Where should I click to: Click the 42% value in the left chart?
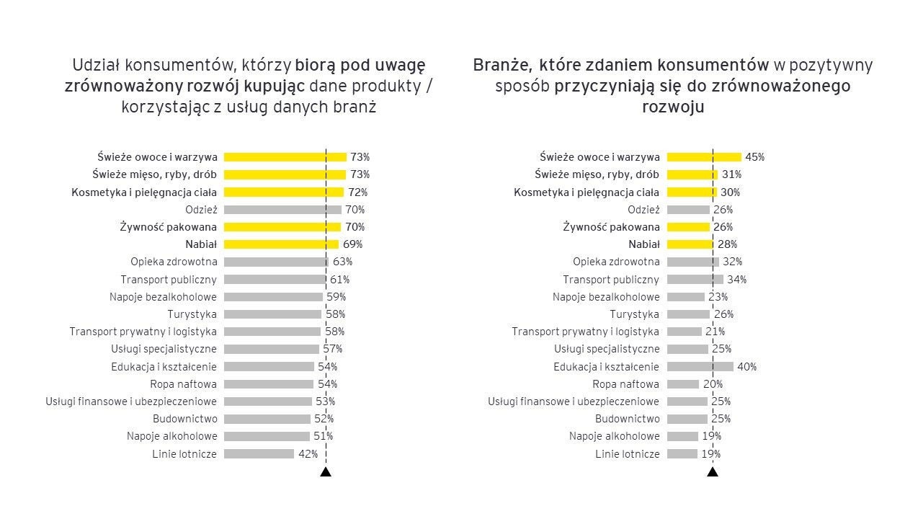click(x=308, y=454)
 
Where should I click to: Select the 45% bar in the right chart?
click(x=703, y=157)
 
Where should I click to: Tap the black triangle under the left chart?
click(x=326, y=472)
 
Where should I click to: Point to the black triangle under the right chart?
click(x=713, y=472)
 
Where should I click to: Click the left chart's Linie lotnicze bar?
click(x=259, y=454)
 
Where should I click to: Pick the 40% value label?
click(x=746, y=367)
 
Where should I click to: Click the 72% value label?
click(x=358, y=192)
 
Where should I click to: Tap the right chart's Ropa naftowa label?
click(x=625, y=384)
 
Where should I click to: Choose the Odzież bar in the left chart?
click(x=282, y=210)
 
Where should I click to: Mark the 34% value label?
click(x=736, y=280)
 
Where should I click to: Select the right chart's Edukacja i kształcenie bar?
click(x=700, y=367)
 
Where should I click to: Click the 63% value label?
click(x=342, y=262)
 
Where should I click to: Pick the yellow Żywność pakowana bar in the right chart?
click(x=688, y=227)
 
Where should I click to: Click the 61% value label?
click(x=340, y=280)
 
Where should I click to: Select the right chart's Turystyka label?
click(x=634, y=314)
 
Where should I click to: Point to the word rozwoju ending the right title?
click(x=673, y=107)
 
